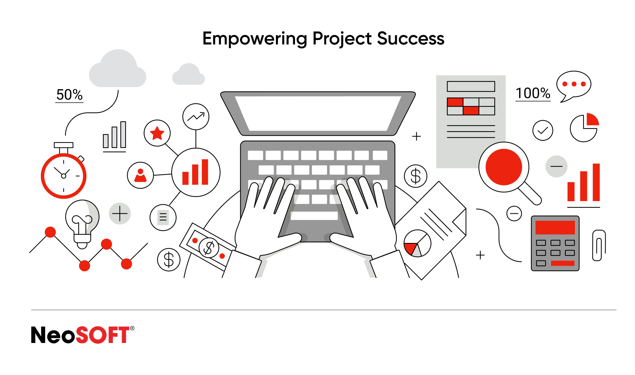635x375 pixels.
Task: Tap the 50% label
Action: (69, 94)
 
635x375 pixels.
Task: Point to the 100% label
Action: (533, 93)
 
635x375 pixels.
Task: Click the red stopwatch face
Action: (63, 176)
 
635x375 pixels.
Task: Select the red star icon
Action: (157, 133)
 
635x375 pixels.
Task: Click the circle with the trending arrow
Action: (196, 117)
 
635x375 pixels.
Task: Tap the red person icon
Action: (140, 175)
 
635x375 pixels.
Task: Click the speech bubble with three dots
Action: (574, 85)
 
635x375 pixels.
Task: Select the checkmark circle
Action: (543, 130)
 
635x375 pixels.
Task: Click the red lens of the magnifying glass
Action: (504, 167)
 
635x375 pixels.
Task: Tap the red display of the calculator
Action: (555, 227)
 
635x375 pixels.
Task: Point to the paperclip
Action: (599, 245)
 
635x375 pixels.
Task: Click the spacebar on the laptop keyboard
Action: (314, 216)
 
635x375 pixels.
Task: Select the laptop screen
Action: (318, 113)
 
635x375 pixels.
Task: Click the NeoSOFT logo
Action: (83, 335)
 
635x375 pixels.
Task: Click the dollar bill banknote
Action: (208, 247)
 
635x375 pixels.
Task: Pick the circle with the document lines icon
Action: (163, 218)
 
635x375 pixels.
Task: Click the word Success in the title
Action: (411, 39)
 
